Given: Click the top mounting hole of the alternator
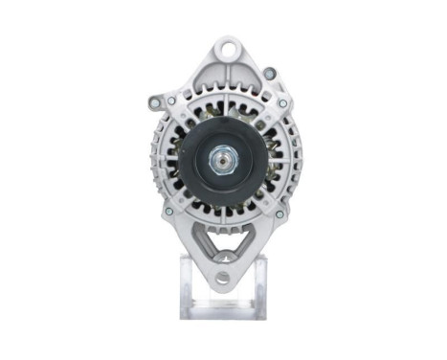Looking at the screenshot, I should [x=226, y=47].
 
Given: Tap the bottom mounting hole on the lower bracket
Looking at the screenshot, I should [x=222, y=278].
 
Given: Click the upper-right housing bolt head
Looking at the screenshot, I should [x=282, y=103].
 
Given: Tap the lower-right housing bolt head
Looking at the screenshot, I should [x=279, y=214].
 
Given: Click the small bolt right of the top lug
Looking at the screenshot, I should [x=270, y=72].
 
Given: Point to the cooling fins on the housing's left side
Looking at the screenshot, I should [x=157, y=158].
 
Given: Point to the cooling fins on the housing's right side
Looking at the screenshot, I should [x=293, y=158].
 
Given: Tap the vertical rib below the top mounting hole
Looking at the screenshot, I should [x=226, y=81].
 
